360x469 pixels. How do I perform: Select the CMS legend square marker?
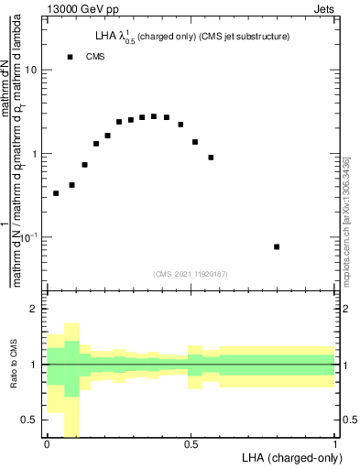pos(70,57)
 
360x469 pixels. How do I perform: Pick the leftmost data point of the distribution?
pos(56,193)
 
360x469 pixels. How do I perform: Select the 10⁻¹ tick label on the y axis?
pos(30,238)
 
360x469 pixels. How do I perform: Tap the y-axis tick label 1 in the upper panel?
pos(36,154)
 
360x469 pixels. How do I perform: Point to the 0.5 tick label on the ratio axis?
pos(31,420)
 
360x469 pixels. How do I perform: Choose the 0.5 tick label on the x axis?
pos(191,444)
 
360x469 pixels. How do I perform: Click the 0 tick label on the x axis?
pos(47,444)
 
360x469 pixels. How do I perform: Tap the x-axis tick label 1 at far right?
pos(335,444)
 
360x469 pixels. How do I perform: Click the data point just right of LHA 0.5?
pos(195,142)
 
